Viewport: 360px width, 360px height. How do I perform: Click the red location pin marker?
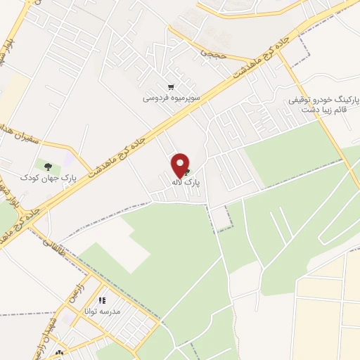tap(181, 165)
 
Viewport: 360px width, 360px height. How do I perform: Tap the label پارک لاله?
tap(186, 182)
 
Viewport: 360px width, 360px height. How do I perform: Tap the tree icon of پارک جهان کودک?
tap(48, 167)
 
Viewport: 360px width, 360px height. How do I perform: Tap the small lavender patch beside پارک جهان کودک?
tap(67, 162)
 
